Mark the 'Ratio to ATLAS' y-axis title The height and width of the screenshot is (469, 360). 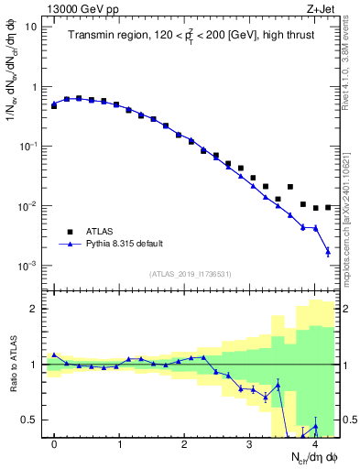click(x=12, y=363)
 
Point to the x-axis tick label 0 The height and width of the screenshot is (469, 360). click(x=54, y=445)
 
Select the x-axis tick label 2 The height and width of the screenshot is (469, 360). click(x=184, y=445)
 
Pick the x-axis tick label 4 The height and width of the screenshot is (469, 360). click(x=314, y=445)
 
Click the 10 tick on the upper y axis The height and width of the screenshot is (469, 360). click(x=32, y=27)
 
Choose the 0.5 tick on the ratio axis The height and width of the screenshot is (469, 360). click(x=32, y=420)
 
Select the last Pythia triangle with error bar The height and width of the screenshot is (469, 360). click(x=327, y=251)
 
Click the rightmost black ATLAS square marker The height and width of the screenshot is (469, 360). click(x=327, y=207)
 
